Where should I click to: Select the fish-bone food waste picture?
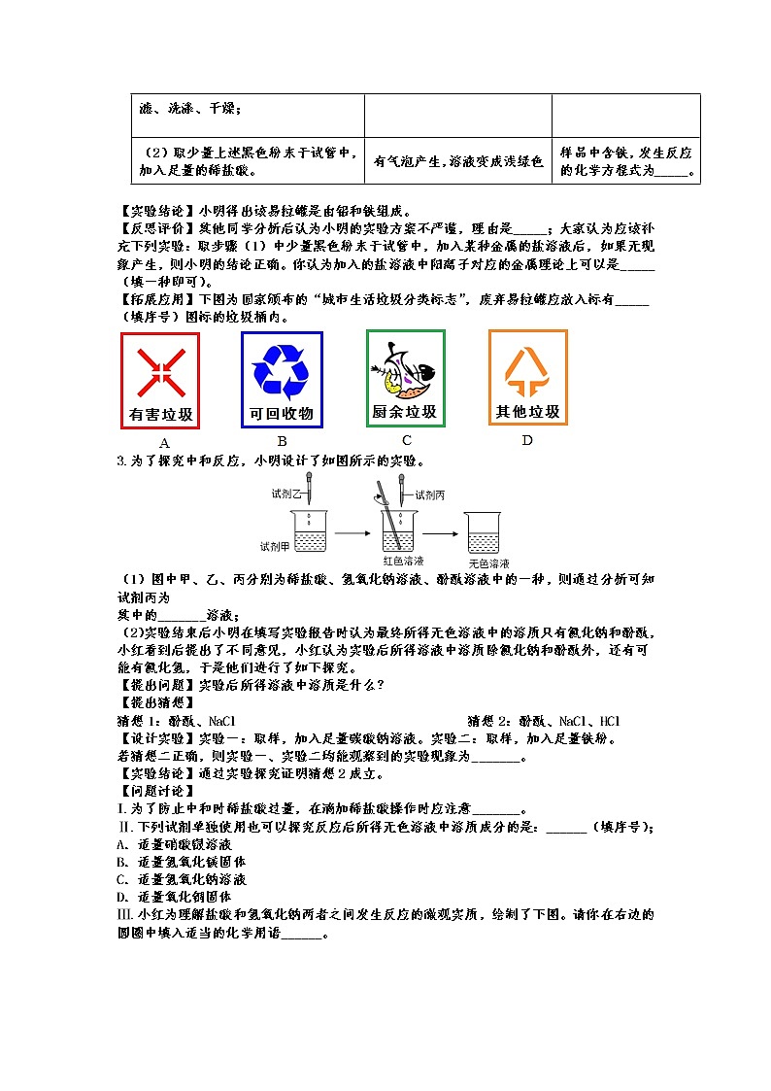point(404,367)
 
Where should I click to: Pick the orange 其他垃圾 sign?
point(527,378)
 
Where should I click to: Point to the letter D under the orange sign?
point(527,441)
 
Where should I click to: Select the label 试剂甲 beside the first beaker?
point(276,545)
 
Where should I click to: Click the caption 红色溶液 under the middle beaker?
point(402,562)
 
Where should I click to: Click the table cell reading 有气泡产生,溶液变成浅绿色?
point(457,162)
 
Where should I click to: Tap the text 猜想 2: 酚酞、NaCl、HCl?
point(544,721)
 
